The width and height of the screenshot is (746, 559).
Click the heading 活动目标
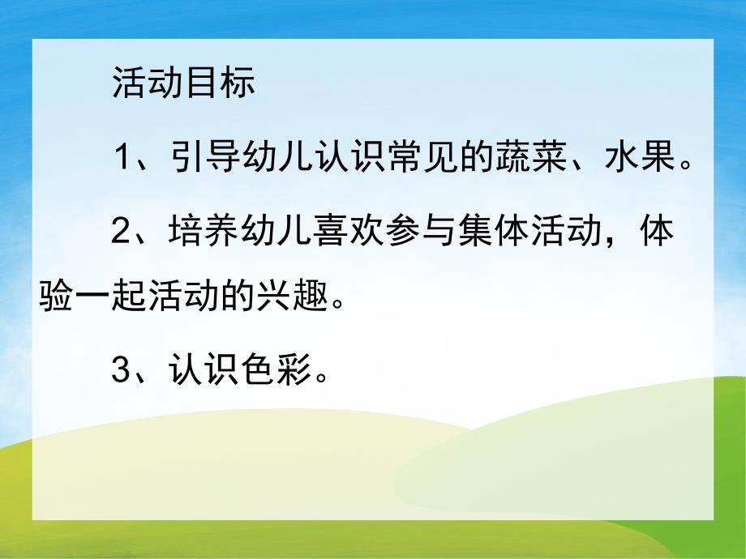pyautogui.click(x=184, y=83)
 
